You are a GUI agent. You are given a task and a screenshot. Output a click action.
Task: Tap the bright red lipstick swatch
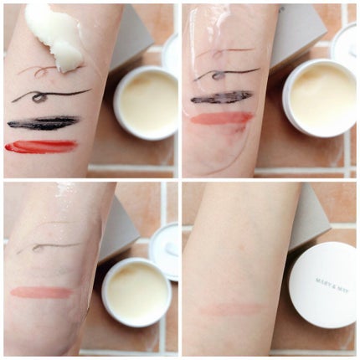(x=41, y=147)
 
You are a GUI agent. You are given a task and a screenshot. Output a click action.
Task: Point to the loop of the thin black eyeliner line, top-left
(x=37, y=98)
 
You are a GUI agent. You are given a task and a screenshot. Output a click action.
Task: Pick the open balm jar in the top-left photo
(x=146, y=103)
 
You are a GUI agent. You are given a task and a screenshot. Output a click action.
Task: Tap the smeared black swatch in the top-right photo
(x=221, y=98)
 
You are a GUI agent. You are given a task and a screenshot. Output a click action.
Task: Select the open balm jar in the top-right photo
(x=320, y=98)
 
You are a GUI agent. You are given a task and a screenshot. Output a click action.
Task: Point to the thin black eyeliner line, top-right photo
(x=227, y=74)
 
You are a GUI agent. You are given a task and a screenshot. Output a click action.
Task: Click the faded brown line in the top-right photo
(x=224, y=52)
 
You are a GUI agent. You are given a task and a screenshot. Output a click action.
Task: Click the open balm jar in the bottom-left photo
(x=136, y=292)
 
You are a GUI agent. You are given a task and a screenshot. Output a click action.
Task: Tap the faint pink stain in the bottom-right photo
(x=232, y=309)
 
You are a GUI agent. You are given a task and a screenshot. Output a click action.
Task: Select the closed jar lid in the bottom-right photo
(x=322, y=285)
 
